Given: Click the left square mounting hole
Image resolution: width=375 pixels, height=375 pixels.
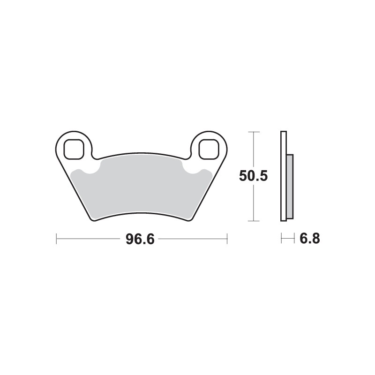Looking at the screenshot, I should pyautogui.click(x=73, y=149).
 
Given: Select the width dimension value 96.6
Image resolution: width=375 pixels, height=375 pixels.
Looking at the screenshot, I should pyautogui.click(x=140, y=239).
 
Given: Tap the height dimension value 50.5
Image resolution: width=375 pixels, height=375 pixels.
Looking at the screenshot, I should pyautogui.click(x=253, y=176).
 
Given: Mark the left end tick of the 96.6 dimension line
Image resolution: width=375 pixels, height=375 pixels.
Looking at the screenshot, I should pyautogui.click(x=56, y=239).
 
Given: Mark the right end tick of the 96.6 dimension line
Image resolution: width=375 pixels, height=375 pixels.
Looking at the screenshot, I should pyautogui.click(x=227, y=239).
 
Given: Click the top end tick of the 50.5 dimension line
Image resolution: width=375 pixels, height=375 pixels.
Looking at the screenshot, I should pyautogui.click(x=253, y=132).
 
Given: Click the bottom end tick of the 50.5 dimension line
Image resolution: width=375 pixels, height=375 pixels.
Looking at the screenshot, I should pyautogui.click(x=253, y=220).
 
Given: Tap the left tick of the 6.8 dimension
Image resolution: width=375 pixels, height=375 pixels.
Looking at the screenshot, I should pyautogui.click(x=281, y=239).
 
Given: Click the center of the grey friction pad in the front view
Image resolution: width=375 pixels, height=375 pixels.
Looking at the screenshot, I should pyautogui.click(x=141, y=187).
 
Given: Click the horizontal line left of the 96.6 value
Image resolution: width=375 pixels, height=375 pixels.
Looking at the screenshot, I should pyautogui.click(x=89, y=239).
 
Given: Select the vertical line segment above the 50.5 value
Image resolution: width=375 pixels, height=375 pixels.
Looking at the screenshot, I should pyautogui.click(x=253, y=150).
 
